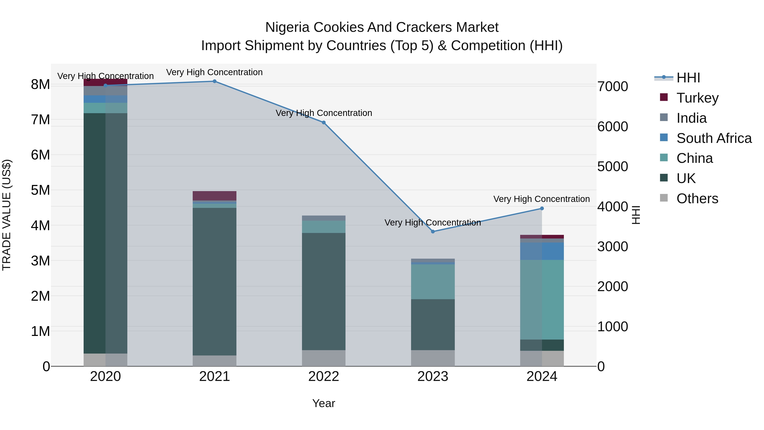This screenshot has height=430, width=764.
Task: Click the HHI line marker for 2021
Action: [x=214, y=81]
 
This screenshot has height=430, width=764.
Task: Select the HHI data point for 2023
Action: [x=433, y=231]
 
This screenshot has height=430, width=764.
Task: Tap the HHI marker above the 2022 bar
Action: [x=324, y=123]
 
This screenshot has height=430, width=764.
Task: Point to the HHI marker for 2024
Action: [x=542, y=208]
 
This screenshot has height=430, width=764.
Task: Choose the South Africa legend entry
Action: [x=713, y=138]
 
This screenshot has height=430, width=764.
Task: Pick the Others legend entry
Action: [x=697, y=199]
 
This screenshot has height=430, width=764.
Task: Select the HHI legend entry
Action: [x=688, y=78]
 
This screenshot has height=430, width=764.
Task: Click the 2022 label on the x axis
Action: [x=324, y=376]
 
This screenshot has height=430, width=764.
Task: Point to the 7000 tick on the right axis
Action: [x=612, y=87]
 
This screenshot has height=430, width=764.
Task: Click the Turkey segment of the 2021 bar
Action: [x=214, y=196]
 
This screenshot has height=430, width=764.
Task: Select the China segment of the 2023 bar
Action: [x=433, y=281]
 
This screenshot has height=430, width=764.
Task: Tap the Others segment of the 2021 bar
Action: [x=214, y=361]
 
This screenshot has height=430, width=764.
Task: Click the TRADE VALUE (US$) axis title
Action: [x=7, y=215]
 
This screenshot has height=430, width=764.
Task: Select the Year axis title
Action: [x=324, y=403]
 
